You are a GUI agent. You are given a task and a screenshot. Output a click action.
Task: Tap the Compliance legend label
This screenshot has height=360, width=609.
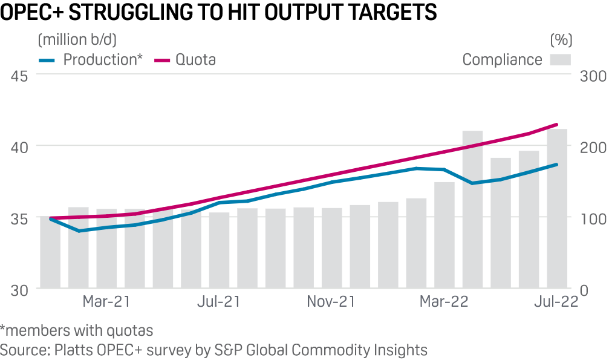pyautogui.click(x=502, y=59)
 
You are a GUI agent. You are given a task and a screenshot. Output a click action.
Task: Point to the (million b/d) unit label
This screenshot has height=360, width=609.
pyautogui.click(x=77, y=40)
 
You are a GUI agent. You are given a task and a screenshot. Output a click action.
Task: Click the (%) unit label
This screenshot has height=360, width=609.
pyautogui.click(x=561, y=40)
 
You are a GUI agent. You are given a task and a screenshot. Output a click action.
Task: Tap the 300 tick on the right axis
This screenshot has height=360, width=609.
pyautogui.click(x=591, y=76)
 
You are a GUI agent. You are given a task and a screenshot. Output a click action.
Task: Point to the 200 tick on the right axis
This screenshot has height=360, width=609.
pyautogui.click(x=591, y=147)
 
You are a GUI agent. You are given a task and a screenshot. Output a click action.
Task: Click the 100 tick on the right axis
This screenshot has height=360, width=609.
pyautogui.click(x=591, y=218)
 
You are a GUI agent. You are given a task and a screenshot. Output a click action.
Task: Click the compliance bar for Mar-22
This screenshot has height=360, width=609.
pyautogui.click(x=445, y=235)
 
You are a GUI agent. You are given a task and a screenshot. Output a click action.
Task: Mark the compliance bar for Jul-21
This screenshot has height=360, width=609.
pyautogui.click(x=220, y=250)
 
